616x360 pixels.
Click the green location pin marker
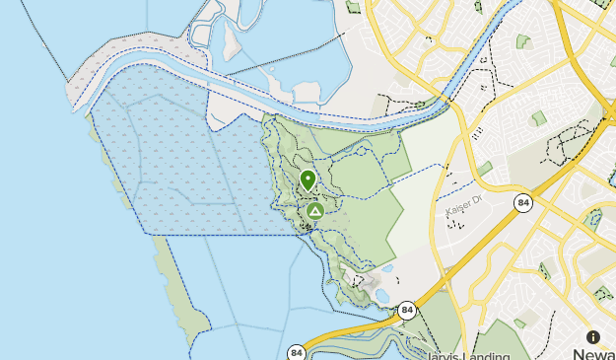coord(308,180)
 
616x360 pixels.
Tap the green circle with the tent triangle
coord(314,211)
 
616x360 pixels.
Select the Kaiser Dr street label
coord(461,211)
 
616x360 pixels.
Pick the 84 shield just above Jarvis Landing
coord(407,311)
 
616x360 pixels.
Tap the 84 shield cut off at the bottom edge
coord(297,352)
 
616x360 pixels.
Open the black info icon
coord(593,337)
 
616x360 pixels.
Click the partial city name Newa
coord(594,353)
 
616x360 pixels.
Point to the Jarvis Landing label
coord(470,355)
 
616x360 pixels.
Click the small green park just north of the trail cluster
coord(538,118)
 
